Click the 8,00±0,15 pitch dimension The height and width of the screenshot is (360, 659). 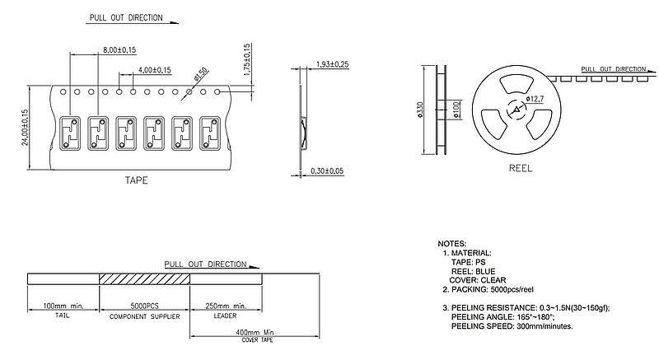[119, 50]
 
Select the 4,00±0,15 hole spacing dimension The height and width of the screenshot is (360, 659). [155, 70]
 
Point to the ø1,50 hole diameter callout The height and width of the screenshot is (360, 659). [200, 74]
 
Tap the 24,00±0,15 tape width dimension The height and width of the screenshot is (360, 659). [25, 128]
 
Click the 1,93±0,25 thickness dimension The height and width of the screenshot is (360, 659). [333, 64]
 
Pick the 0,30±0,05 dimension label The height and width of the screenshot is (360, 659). [327, 171]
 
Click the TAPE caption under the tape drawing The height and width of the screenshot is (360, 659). [136, 180]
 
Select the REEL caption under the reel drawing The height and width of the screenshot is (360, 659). [521, 168]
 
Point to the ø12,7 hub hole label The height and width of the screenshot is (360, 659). [535, 99]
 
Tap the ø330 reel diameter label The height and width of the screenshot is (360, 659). [420, 110]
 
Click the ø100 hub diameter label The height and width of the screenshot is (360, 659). [456, 110]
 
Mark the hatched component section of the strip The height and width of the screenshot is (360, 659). [144, 279]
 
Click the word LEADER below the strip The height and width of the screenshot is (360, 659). [225, 316]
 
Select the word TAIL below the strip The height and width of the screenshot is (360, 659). [63, 316]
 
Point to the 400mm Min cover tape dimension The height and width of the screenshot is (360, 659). [255, 332]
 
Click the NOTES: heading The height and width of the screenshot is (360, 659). [451, 244]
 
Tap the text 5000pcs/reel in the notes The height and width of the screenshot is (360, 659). [512, 289]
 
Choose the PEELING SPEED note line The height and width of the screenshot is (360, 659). [512, 326]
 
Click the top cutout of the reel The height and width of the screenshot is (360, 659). [516, 84]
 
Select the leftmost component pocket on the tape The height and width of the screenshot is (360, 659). [70, 133]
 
